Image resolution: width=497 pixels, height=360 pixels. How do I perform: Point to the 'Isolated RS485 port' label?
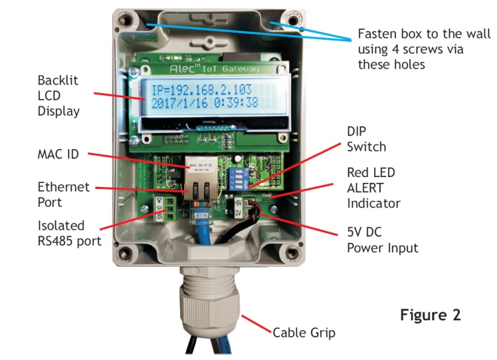pos(69,233)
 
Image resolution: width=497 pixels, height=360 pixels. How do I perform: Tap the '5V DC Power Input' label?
pos(382,240)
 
